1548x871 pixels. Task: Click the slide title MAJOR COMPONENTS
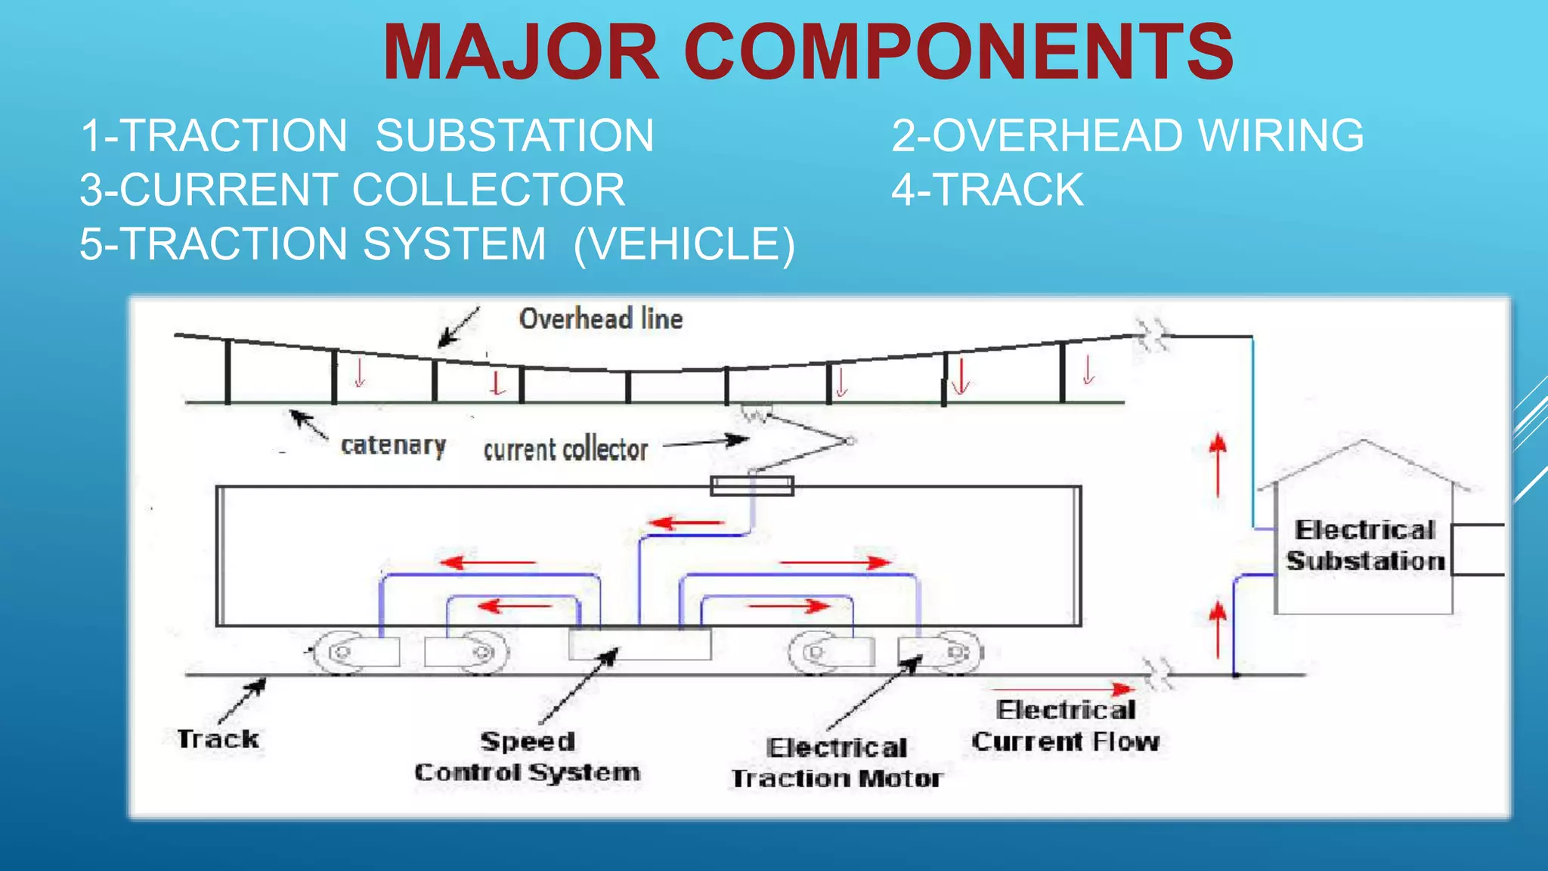coord(807,53)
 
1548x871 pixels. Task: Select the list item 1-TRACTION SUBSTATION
coord(367,136)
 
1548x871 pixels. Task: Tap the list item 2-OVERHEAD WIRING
coord(1128,136)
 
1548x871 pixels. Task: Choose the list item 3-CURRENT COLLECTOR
coord(352,190)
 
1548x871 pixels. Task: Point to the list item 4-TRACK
coord(987,190)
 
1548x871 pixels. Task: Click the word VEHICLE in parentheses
coord(684,244)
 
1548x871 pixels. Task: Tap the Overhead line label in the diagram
coord(601,319)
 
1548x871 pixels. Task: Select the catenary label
coord(393,445)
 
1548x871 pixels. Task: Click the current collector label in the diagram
coord(565,450)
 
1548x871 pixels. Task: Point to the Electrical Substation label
coord(1365,546)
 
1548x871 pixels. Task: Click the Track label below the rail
coord(218,739)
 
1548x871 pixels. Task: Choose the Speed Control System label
coord(528,757)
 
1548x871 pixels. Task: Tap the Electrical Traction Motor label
coord(837,763)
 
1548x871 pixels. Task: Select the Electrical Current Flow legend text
coord(1066,726)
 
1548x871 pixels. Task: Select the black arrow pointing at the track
coord(243,700)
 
